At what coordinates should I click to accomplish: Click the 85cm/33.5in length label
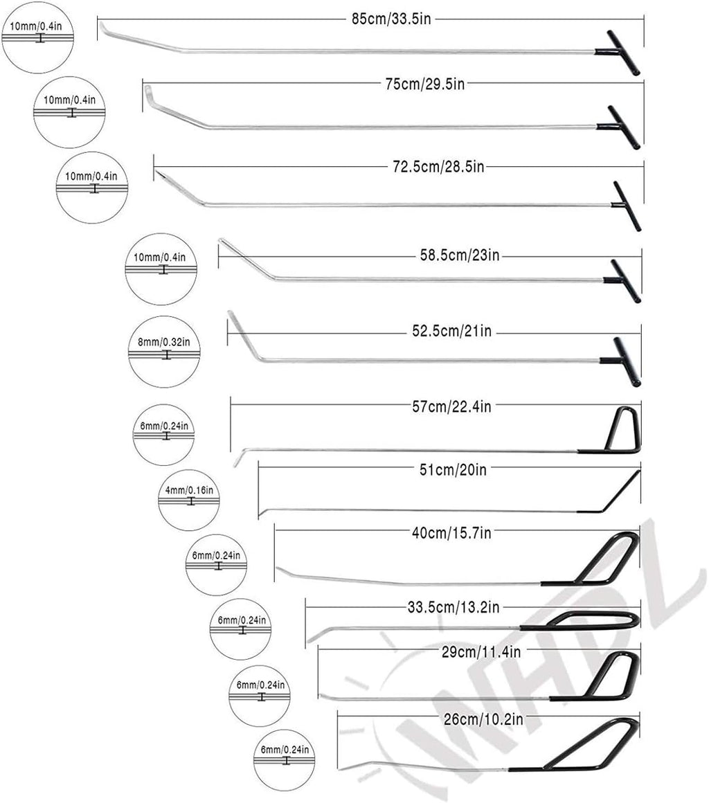coord(391,19)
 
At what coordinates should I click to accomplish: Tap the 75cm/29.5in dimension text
coord(424,84)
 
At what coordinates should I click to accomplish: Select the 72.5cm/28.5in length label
coord(438,166)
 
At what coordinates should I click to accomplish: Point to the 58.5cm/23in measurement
coord(460,255)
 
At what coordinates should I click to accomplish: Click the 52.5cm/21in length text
coord(451,332)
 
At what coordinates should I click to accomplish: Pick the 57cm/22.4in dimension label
coord(451,406)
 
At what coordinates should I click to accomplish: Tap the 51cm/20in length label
coord(453,469)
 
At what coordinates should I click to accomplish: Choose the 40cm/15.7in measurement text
coord(451,533)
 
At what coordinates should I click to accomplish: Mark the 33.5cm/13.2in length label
coord(454,607)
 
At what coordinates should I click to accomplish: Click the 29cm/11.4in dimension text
coord(481,652)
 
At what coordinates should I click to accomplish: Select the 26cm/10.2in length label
coord(483,719)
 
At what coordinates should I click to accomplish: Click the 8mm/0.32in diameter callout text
coord(164,341)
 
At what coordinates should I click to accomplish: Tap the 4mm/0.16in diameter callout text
coord(189,490)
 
